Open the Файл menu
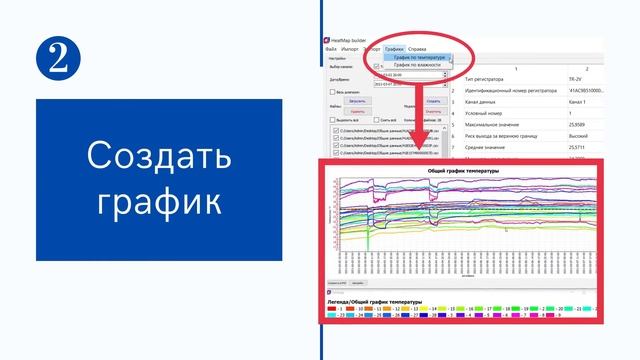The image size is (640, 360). (331, 48)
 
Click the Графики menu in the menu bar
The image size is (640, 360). (395, 48)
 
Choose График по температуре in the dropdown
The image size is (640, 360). (419, 57)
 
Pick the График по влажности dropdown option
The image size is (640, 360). (417, 65)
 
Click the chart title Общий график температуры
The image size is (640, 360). (463, 171)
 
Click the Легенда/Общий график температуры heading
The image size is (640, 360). (375, 301)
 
